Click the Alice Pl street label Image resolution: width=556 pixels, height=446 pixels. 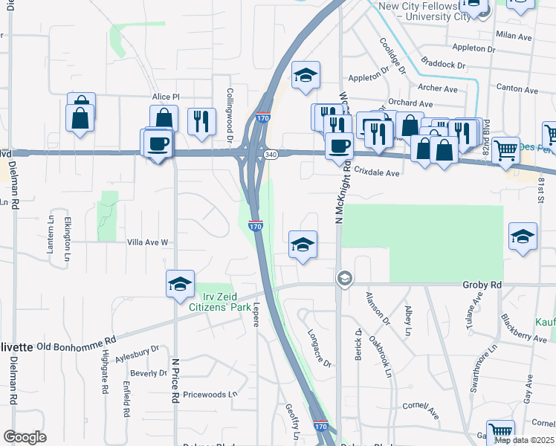tap(166, 97)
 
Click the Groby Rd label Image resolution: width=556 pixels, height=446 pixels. tap(482, 285)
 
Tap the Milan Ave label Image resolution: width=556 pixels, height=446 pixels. tap(514, 36)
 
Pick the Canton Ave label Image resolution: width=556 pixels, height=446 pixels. tap(520, 89)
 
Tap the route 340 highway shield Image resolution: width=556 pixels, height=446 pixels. tap(270, 155)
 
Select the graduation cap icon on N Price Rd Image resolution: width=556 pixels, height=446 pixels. tap(180, 284)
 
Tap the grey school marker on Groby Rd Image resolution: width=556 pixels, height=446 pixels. tap(344, 279)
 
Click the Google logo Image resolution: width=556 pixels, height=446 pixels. tap(25, 437)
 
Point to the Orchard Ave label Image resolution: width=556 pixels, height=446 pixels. tap(410, 104)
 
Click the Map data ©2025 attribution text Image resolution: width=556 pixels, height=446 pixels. tap(524, 440)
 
